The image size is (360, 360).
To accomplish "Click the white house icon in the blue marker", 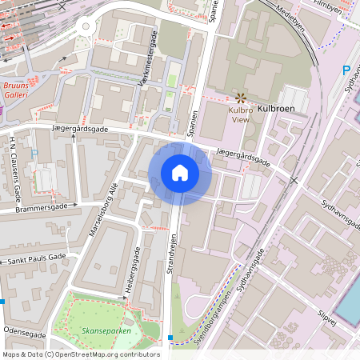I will [x=180, y=172].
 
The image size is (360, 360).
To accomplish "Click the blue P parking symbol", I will [x=346, y=70].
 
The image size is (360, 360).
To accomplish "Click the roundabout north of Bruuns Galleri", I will [x=86, y=26].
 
